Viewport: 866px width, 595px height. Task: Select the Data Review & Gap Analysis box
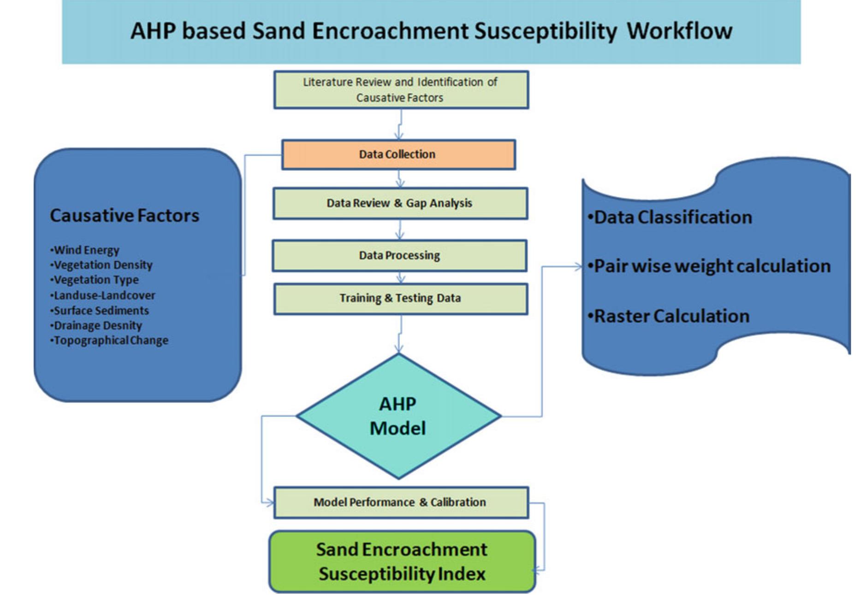click(x=399, y=203)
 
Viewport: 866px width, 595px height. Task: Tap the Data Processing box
click(x=399, y=255)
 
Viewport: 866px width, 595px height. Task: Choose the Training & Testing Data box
click(x=400, y=298)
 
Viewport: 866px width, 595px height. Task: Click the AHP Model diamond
click(x=398, y=416)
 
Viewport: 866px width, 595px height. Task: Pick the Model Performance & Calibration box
click(x=400, y=502)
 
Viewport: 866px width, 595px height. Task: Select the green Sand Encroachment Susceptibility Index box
click(x=402, y=561)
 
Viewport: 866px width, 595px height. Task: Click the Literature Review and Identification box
click(x=400, y=90)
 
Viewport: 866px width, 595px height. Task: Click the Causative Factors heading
click(x=125, y=216)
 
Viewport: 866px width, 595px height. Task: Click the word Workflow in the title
click(x=679, y=31)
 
